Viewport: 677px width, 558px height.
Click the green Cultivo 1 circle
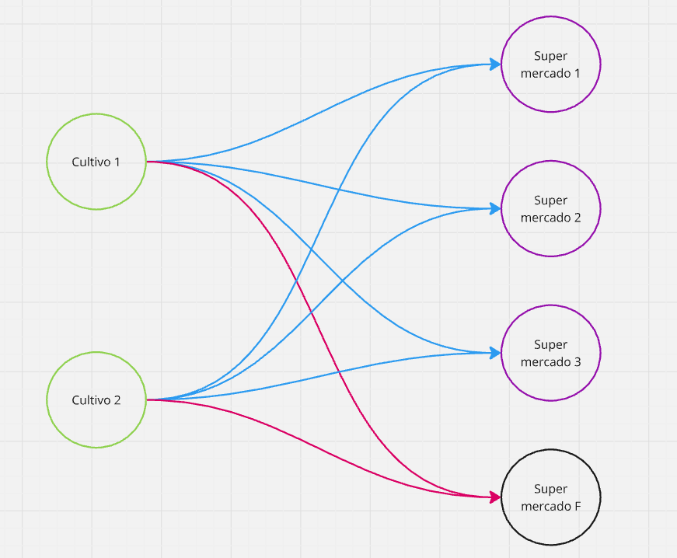(96, 162)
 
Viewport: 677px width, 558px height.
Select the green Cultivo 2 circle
(96, 399)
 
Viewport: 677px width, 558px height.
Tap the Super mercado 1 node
(550, 64)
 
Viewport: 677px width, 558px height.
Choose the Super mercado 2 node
(550, 208)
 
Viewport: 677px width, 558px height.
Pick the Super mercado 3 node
(550, 353)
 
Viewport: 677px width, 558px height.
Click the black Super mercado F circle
(550, 497)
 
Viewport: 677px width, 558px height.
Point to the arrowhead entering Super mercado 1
(495, 65)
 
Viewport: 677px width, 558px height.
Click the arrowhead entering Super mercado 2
(495, 208)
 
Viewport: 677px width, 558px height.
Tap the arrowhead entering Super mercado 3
(495, 353)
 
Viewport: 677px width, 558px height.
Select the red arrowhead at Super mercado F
(495, 497)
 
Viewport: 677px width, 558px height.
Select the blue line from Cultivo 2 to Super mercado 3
(311, 378)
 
